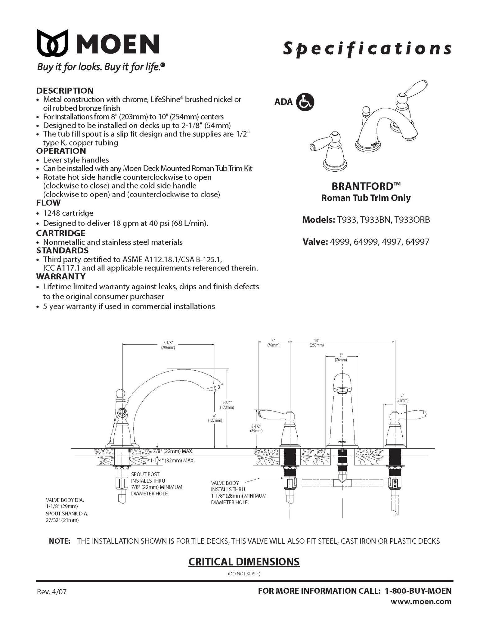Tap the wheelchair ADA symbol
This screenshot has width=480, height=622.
click(x=305, y=102)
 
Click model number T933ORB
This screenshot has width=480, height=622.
click(x=412, y=220)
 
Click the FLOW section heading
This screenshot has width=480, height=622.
click(x=48, y=203)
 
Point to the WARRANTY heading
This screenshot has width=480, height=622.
click(x=61, y=276)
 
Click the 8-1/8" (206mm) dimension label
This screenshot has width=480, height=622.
click(x=168, y=345)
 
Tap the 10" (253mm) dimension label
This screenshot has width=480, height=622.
click(x=316, y=343)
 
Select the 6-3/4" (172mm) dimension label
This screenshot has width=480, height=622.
click(x=227, y=405)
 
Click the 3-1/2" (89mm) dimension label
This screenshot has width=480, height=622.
click(x=256, y=428)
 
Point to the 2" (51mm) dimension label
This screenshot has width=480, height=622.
click(x=402, y=398)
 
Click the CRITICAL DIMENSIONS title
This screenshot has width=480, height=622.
click(x=244, y=562)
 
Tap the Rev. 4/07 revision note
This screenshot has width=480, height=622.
click(x=52, y=592)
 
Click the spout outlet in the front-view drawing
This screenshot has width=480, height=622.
click(x=342, y=392)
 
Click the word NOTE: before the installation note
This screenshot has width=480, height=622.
click(x=60, y=541)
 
